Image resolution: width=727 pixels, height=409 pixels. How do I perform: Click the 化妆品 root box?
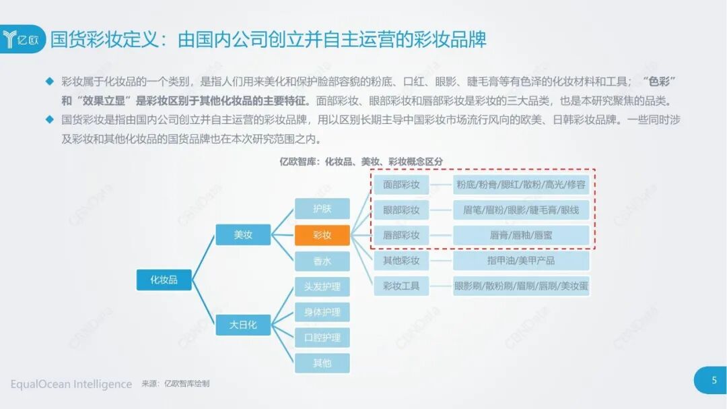click(x=164, y=280)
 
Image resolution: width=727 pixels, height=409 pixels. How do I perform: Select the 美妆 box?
click(x=243, y=235)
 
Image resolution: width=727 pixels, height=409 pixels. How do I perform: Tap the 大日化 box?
click(x=243, y=325)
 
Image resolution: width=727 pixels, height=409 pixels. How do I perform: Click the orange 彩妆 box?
click(x=322, y=235)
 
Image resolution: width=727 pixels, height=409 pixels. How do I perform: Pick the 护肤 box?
click(x=322, y=209)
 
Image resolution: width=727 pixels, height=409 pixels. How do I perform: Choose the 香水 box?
click(x=322, y=261)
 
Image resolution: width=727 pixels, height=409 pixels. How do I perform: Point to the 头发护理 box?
click(x=322, y=286)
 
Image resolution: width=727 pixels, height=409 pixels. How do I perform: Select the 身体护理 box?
click(x=322, y=312)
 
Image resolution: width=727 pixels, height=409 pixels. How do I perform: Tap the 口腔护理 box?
click(x=322, y=338)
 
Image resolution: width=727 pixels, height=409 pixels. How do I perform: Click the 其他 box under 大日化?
click(x=322, y=363)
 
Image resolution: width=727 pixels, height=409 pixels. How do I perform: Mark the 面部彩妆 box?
click(x=401, y=184)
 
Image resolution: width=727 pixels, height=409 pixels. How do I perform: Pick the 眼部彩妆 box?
click(x=401, y=210)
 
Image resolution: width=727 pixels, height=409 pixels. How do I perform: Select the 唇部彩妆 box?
click(x=401, y=235)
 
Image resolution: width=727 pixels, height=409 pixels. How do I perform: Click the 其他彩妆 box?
click(x=401, y=261)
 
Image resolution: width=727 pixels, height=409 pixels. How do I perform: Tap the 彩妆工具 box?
click(x=401, y=286)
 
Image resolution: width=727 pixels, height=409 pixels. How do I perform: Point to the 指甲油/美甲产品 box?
click(x=521, y=261)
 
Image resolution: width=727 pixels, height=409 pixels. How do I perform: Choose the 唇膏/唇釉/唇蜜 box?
click(x=521, y=235)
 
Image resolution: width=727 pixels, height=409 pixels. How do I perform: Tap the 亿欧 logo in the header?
click(x=23, y=39)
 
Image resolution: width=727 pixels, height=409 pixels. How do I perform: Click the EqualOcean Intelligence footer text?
click(x=71, y=384)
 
